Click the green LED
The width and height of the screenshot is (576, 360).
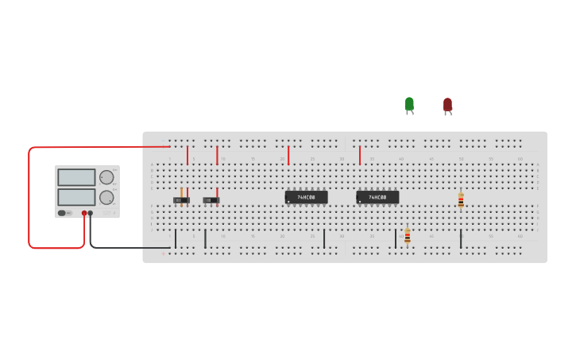[x=409, y=104]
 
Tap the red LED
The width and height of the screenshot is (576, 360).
[x=447, y=105]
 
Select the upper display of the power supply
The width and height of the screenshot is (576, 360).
[x=76, y=177]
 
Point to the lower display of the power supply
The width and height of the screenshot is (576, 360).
[x=76, y=196]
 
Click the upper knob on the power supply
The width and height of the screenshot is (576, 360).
[x=106, y=177]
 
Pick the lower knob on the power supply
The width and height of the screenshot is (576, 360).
[x=106, y=197]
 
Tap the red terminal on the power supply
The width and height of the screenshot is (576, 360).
[x=84, y=213]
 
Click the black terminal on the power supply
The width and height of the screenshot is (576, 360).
[x=91, y=213]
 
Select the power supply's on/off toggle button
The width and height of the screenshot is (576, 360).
[x=62, y=213]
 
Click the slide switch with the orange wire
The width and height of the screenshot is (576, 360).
[x=181, y=200]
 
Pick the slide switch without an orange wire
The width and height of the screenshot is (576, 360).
[x=211, y=200]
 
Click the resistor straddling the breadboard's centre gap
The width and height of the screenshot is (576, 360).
[x=461, y=200]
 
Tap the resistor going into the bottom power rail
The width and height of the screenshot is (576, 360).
[x=408, y=236]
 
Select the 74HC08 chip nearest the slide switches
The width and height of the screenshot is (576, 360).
[x=306, y=197]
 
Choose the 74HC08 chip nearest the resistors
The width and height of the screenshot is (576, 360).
[x=377, y=197]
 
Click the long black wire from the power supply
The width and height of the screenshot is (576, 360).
[x=127, y=247]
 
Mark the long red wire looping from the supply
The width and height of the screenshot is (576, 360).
[x=29, y=199]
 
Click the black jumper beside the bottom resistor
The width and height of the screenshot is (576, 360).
[x=396, y=238]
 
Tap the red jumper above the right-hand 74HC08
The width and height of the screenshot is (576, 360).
[x=360, y=155]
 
